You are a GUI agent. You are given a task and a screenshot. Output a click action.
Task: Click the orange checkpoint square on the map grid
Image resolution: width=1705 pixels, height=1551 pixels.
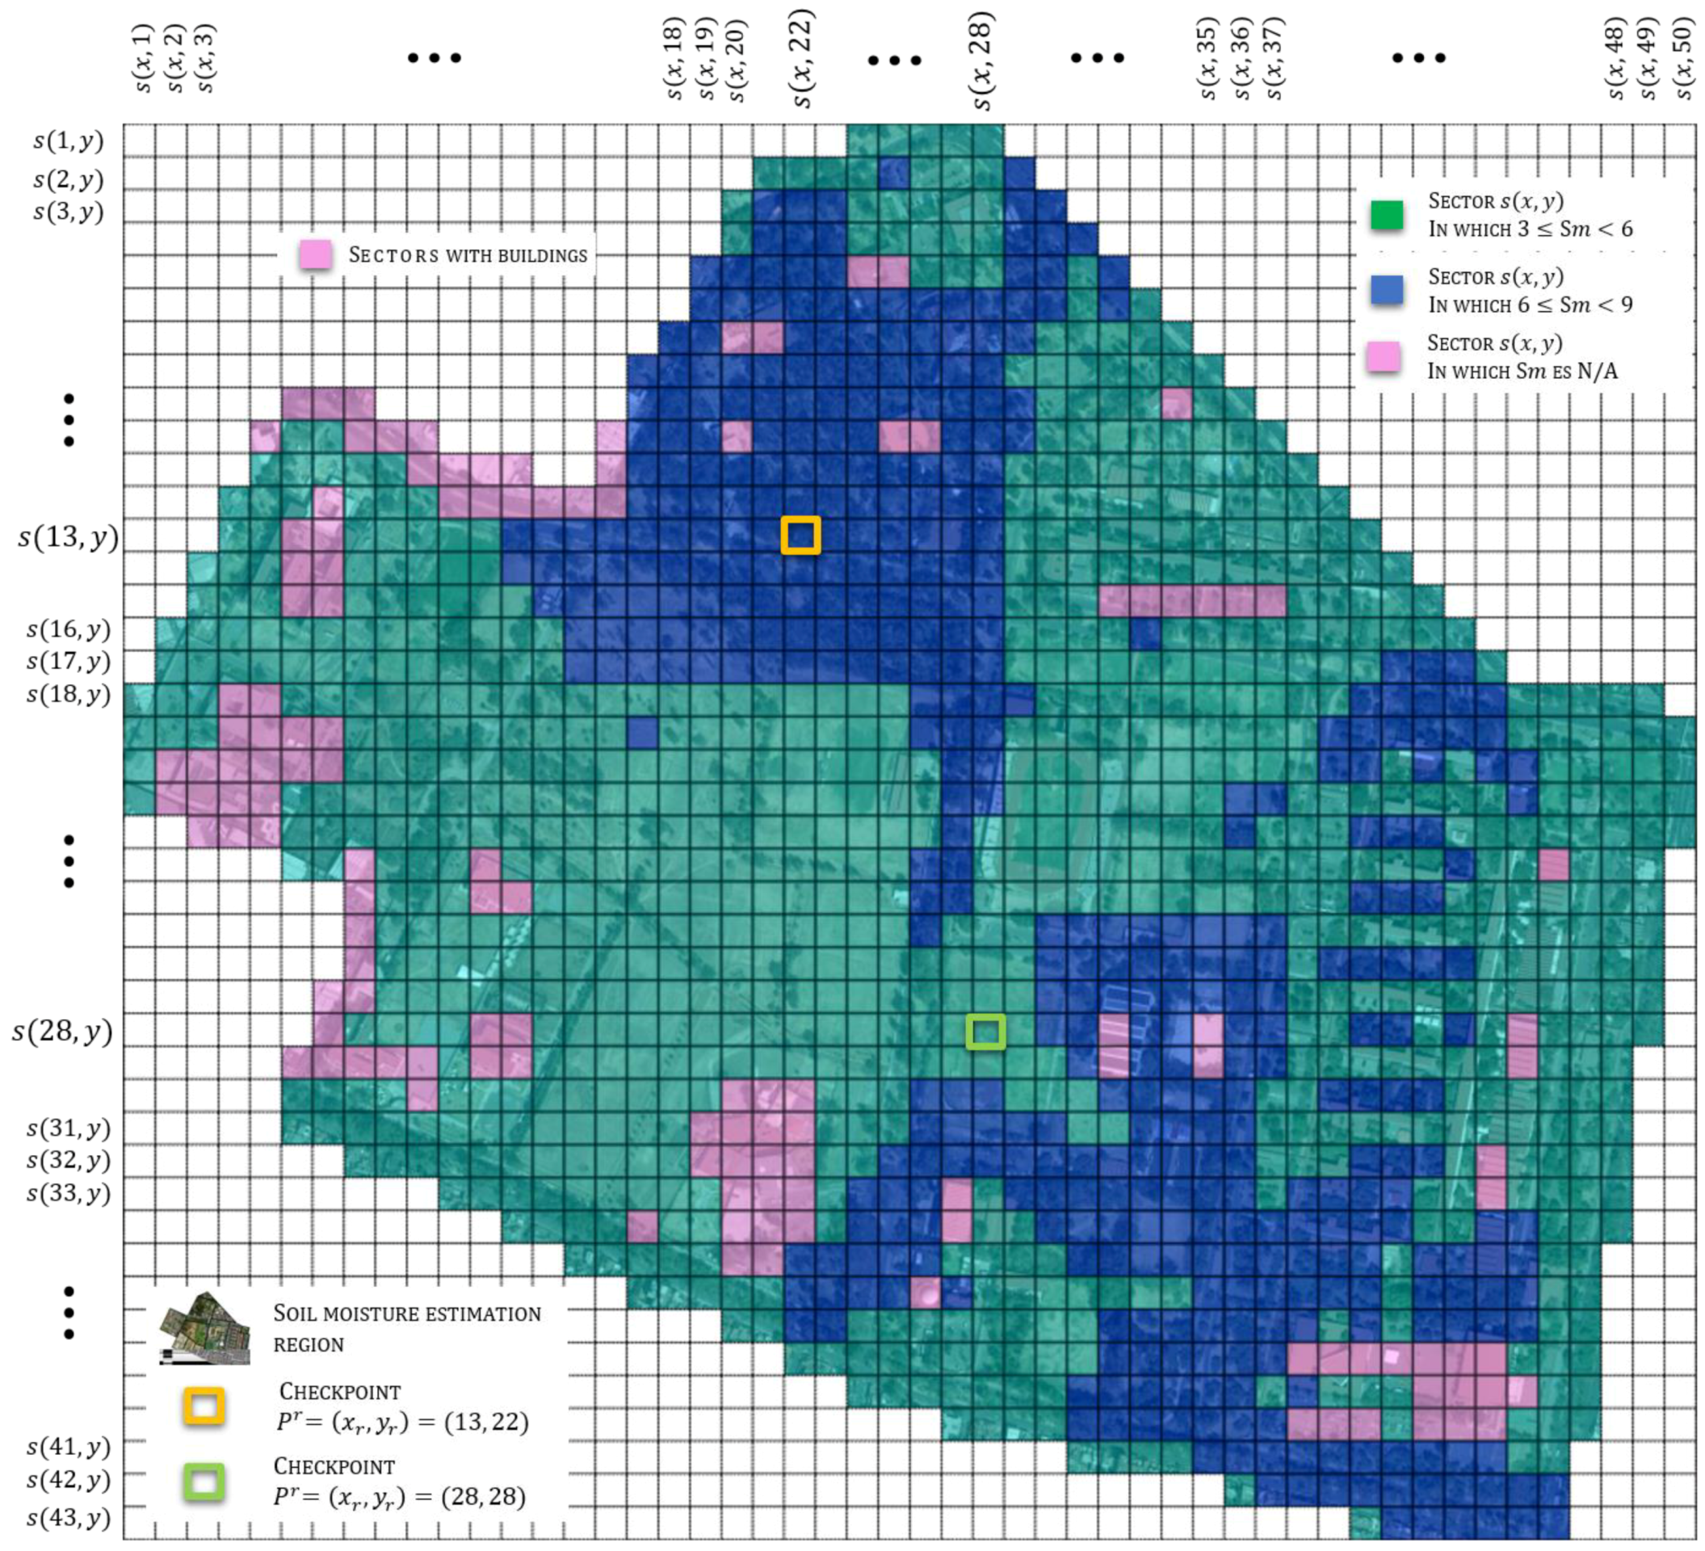(x=800, y=536)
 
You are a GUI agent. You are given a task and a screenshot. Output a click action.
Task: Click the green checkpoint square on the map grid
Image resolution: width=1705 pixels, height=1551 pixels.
(x=985, y=1032)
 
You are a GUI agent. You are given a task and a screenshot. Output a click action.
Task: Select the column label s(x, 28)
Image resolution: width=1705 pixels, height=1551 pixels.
(x=981, y=61)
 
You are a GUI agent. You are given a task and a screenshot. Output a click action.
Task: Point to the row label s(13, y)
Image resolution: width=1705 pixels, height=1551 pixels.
(x=68, y=537)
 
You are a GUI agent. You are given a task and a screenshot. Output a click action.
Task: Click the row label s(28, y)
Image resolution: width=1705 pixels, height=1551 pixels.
(x=61, y=1031)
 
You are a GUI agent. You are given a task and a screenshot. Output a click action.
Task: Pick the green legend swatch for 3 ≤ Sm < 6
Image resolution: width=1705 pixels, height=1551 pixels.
(x=1386, y=216)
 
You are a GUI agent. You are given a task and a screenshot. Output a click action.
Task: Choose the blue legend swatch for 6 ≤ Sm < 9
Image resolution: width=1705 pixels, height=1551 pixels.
(x=1386, y=290)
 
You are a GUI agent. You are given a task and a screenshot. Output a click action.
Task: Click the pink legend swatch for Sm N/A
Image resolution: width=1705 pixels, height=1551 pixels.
(x=1384, y=357)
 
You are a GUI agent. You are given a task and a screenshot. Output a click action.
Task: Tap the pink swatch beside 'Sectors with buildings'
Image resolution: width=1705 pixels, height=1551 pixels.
(x=316, y=254)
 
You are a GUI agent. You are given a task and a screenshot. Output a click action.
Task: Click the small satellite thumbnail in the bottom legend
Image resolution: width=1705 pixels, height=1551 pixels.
(x=204, y=1329)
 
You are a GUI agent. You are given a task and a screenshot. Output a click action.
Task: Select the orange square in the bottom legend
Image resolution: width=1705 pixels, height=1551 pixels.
(x=204, y=1406)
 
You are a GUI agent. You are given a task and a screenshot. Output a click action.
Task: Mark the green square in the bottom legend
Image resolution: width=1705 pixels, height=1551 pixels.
(x=204, y=1482)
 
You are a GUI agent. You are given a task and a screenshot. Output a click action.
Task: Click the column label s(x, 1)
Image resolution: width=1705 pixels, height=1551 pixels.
(x=143, y=59)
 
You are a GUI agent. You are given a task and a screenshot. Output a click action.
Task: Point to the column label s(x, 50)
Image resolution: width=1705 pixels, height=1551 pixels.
(x=1683, y=59)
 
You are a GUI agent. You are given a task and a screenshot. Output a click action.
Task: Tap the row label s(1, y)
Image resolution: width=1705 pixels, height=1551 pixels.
(x=69, y=141)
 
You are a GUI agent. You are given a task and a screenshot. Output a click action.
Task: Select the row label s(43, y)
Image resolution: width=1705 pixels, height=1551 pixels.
(x=69, y=1518)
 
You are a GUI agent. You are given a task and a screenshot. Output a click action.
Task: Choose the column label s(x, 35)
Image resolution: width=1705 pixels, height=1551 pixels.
(x=1208, y=59)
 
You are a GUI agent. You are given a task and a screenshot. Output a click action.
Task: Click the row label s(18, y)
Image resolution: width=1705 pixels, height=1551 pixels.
(x=69, y=694)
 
